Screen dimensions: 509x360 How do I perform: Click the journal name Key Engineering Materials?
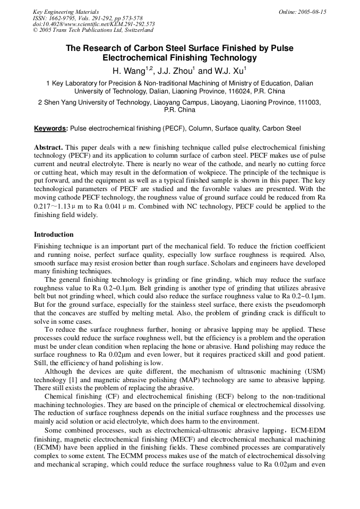[x=66, y=12]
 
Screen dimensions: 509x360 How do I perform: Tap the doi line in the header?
[x=93, y=24]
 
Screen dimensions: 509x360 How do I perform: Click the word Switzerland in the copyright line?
[x=135, y=30]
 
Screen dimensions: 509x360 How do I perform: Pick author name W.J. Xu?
[x=230, y=71]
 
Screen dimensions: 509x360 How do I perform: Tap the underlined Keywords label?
[x=50, y=128]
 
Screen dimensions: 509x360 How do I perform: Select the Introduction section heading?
[x=54, y=234]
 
